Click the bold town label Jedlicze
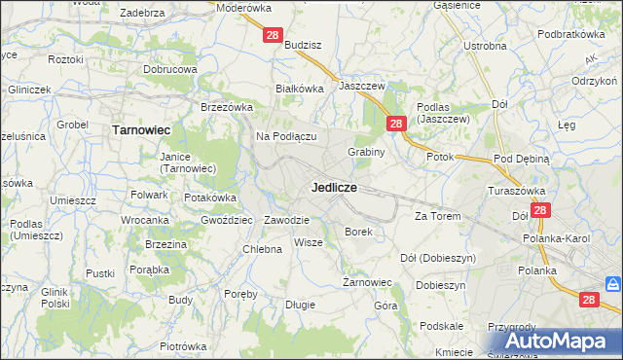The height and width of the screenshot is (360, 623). pos(333,186)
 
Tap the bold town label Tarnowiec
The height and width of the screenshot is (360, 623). pos(141,128)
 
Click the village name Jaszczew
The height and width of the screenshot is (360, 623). pos(362,86)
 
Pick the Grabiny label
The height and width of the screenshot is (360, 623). pos(367,152)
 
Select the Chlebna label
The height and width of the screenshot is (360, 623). pos(262,249)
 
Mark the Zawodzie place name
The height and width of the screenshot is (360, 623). pos(286,220)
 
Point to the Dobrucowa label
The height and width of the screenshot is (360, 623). pos(170,70)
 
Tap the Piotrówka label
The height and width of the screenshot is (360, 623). pos(183,346)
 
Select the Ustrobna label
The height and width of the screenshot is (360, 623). pos(485,46)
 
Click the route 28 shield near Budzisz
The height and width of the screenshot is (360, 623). pos(273,36)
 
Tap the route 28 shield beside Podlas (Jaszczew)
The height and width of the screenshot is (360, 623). pos(396,124)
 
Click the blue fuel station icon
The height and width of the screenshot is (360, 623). pos(612,284)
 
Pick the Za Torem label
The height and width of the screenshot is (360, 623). pos(436,215)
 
